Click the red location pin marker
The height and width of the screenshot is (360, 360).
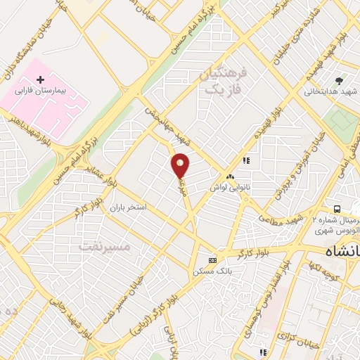click(181, 165)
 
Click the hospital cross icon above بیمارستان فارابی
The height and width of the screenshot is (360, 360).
click(40, 80)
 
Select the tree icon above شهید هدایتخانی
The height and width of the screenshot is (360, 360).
click(339, 81)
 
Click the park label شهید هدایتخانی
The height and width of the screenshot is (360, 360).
click(332, 91)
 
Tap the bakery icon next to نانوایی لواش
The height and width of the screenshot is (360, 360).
click(230, 177)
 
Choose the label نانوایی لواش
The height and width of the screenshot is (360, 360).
click(230, 188)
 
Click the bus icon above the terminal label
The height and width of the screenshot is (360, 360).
click(337, 209)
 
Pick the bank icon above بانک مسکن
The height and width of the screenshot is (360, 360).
click(213, 259)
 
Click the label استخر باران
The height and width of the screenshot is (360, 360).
click(127, 209)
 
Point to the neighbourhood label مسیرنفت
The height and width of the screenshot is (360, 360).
click(105, 247)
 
